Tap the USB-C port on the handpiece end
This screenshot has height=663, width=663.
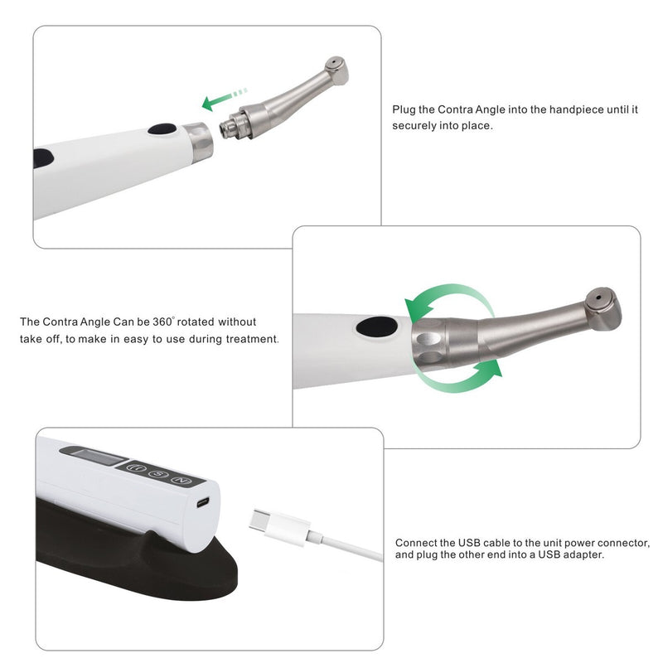[x=203, y=502]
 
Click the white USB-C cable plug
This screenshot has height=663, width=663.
[x=279, y=527]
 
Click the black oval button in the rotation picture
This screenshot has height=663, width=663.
[x=376, y=327]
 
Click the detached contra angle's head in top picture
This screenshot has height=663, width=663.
[x=336, y=70]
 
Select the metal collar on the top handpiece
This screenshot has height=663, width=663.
[x=198, y=141]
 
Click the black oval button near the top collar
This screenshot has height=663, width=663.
[x=162, y=129]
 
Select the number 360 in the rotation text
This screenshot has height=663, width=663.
[x=162, y=322]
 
